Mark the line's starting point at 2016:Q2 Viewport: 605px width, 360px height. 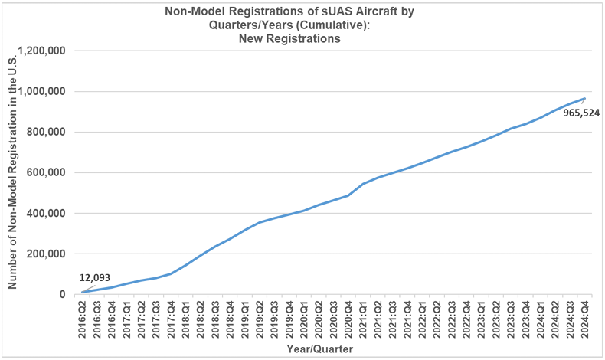[x=83, y=292]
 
